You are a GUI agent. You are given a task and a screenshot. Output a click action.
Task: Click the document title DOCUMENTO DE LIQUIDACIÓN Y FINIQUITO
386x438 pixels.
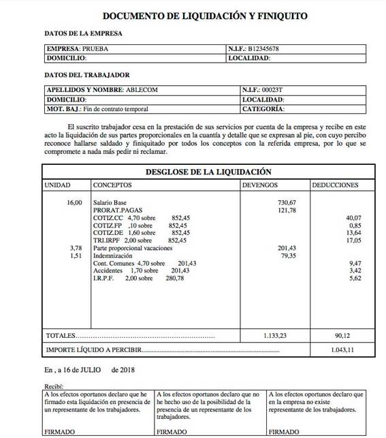click(x=194, y=15)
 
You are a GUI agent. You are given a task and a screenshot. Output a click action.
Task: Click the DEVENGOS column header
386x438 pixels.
click(x=260, y=185)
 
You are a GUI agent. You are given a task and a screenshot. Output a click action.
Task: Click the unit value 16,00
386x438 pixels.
click(x=73, y=203)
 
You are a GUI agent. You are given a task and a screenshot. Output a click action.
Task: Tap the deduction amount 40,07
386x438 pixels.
click(x=353, y=218)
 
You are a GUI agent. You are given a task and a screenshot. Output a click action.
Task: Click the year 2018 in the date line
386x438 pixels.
click(x=127, y=370)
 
